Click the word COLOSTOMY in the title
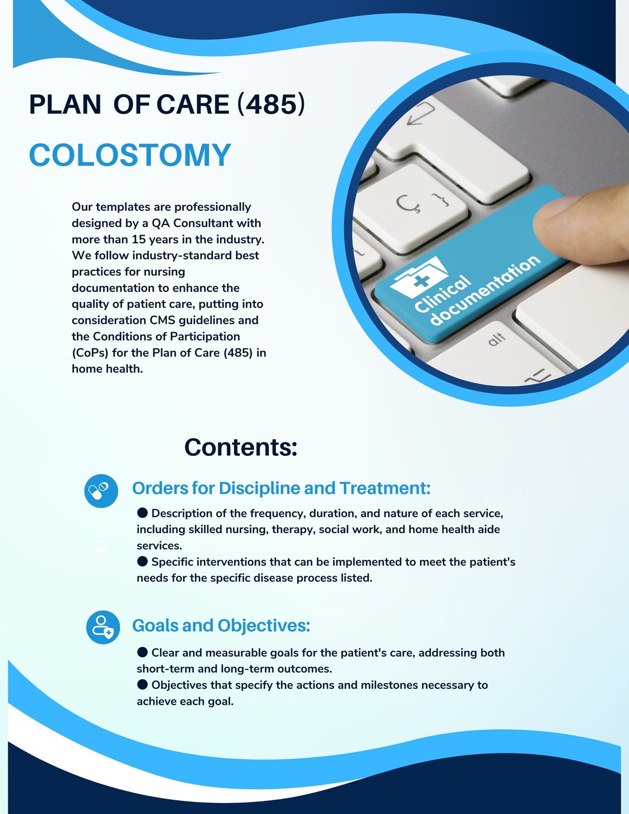pos(130,155)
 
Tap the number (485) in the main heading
pos(271,104)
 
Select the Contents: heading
pos(241,447)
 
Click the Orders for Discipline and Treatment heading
pos(281,488)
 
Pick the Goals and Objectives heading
pos(221,626)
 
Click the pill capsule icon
pos(101,491)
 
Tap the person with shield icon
pos(103,627)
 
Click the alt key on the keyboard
pos(496,339)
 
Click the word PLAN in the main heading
pos(65,104)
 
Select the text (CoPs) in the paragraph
pos(90,353)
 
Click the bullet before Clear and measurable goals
pos(142,652)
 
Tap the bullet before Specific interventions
pos(142,561)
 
